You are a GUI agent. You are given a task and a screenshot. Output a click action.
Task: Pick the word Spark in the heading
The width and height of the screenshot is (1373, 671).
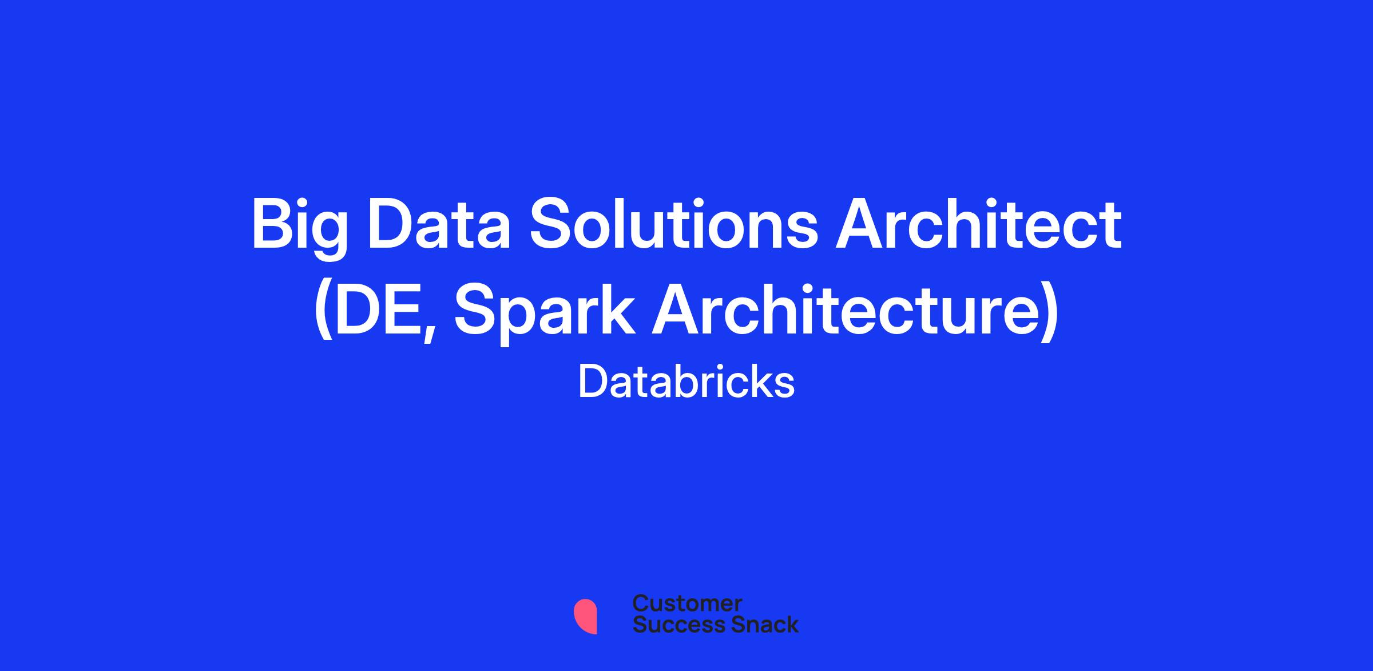click(544, 313)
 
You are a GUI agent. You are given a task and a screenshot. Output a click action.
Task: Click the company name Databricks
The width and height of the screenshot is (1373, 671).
click(687, 382)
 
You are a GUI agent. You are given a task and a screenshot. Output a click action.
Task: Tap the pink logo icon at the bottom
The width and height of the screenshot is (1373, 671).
click(585, 616)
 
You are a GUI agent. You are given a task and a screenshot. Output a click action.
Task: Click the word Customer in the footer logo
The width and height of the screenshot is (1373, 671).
click(688, 603)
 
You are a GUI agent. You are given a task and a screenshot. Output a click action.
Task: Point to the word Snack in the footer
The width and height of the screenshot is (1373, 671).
click(757, 624)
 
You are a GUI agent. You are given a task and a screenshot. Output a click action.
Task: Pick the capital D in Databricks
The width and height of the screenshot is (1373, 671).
click(593, 382)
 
